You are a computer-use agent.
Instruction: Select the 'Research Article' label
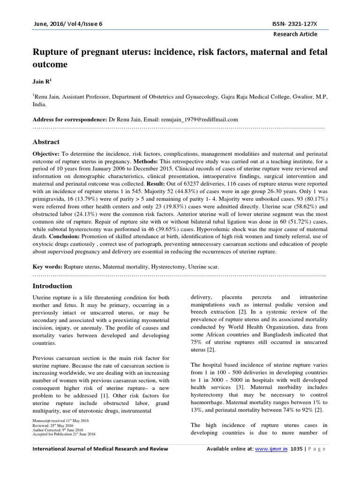pyautogui.click(x=295, y=34)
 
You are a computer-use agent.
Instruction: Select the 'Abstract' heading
pyautogui.click(x=46, y=142)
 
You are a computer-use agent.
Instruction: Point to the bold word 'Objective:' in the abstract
pyautogui.click(x=46, y=154)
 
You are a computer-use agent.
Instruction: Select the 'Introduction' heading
pyautogui.click(x=52, y=286)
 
